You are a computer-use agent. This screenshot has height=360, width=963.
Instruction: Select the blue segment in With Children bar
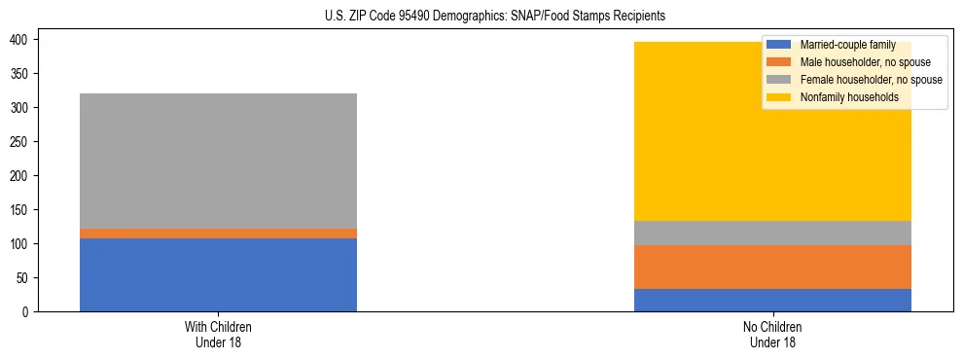[218, 274]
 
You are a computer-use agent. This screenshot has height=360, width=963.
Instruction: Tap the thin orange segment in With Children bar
[218, 234]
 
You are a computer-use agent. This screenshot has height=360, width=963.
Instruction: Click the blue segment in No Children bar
[772, 300]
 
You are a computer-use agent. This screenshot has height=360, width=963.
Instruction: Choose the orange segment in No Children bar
[772, 267]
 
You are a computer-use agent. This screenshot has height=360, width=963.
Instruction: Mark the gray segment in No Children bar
[772, 233]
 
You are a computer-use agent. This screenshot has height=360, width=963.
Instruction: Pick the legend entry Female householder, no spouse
[870, 80]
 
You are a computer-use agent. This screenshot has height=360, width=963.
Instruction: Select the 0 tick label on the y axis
[28, 311]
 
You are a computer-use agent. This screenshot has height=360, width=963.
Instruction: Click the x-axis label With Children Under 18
[218, 334]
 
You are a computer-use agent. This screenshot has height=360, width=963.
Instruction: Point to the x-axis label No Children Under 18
[772, 334]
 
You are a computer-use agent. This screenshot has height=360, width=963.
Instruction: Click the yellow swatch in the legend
[779, 97]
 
